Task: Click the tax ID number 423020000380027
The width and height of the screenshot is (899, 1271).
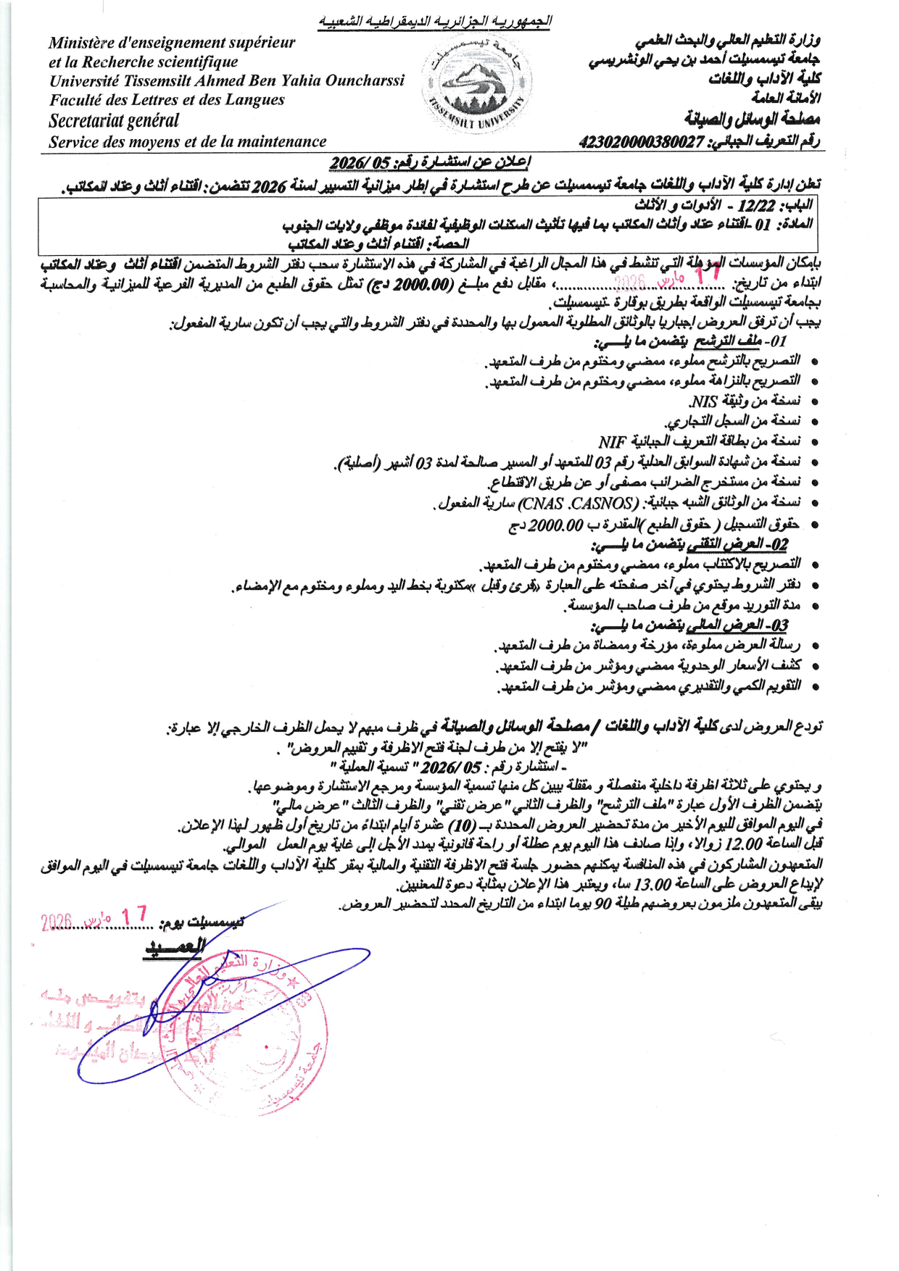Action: (642, 143)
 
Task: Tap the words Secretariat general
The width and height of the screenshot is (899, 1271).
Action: (114, 121)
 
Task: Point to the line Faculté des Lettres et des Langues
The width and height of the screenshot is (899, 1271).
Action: (167, 100)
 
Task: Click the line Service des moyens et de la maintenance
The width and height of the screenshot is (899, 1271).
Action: (188, 142)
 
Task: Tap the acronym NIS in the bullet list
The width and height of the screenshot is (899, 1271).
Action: (703, 401)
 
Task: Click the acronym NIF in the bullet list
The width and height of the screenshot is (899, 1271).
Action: (613, 441)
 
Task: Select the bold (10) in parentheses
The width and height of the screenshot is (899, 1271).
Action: (461, 825)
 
